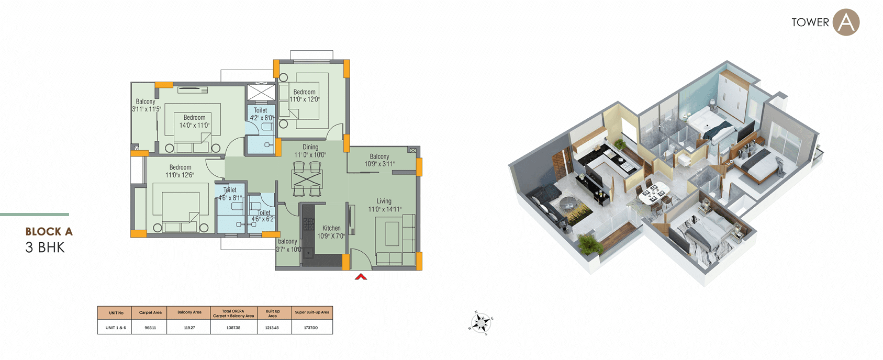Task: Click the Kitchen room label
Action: pyautogui.click(x=331, y=232)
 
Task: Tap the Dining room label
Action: pyautogui.click(x=310, y=151)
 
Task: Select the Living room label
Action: pyautogui.click(x=384, y=205)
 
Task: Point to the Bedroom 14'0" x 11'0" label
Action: pyautogui.click(x=194, y=121)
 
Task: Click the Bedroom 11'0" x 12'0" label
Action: pyautogui.click(x=304, y=95)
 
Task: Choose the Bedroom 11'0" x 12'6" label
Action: pyautogui.click(x=180, y=171)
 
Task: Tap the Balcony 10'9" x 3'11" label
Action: pyautogui.click(x=379, y=160)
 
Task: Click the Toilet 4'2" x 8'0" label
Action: pyautogui.click(x=261, y=114)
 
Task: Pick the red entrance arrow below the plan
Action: pyautogui.click(x=361, y=276)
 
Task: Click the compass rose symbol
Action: pyautogui.click(x=480, y=322)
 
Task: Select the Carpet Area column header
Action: pyautogui.click(x=150, y=313)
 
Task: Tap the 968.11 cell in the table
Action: pyautogui.click(x=150, y=328)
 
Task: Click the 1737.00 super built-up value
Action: pyautogui.click(x=311, y=328)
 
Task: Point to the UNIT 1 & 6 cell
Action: pyautogui.click(x=116, y=328)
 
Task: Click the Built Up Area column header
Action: pyautogui.click(x=273, y=313)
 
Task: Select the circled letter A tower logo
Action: pyautogui.click(x=846, y=22)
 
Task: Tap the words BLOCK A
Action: pyautogui.click(x=49, y=231)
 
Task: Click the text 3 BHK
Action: pyautogui.click(x=45, y=248)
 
